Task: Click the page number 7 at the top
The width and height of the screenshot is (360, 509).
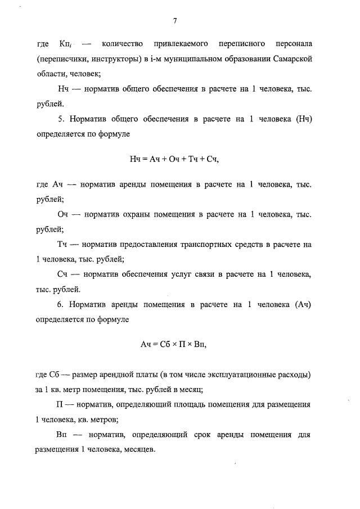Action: (x=175, y=21)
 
